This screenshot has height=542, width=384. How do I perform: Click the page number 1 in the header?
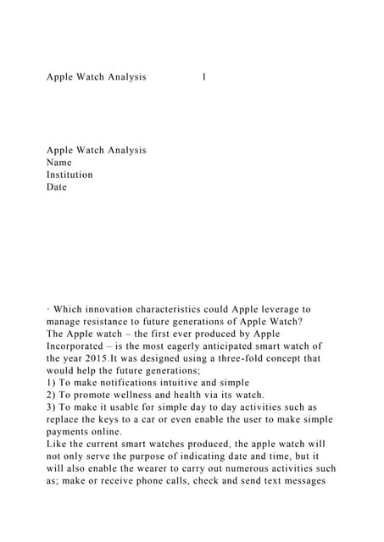tap(204, 77)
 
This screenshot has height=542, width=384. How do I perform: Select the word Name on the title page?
tap(59, 163)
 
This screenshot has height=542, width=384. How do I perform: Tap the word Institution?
tap(70, 174)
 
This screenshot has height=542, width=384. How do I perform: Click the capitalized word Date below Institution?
tap(56, 187)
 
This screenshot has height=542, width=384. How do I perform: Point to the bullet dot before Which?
tap(48, 310)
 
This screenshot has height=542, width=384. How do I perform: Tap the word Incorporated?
tap(80, 346)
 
